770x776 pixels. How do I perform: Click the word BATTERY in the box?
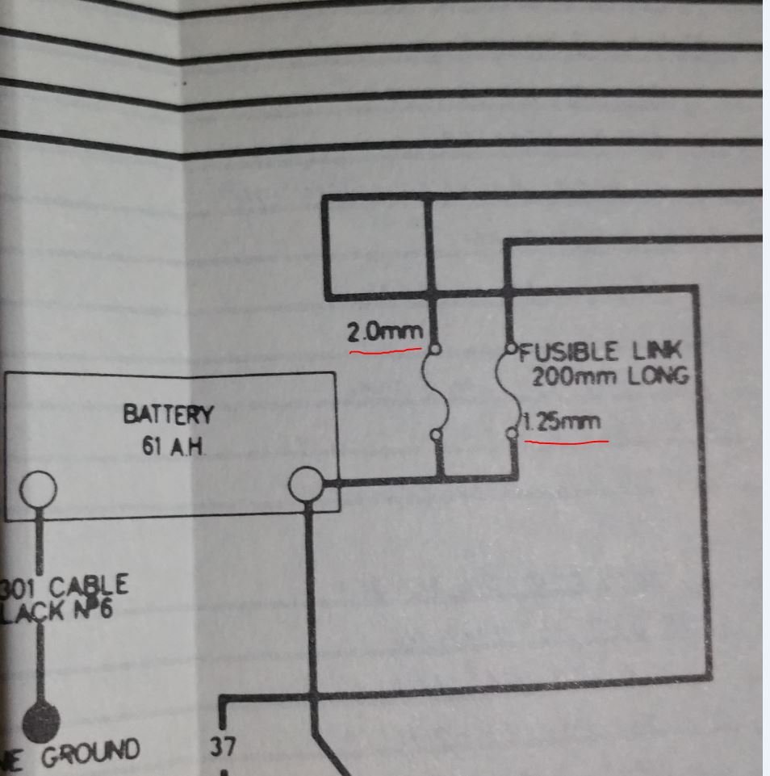168,415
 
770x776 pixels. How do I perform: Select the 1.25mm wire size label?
561,422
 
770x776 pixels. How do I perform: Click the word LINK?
656,351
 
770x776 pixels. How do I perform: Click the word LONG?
655,376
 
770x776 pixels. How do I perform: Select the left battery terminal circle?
37,489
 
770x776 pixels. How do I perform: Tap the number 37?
223,746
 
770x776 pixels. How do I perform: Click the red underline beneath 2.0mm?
385,351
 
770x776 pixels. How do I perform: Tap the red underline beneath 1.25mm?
566,442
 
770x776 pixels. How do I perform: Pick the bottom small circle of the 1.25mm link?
511,434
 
